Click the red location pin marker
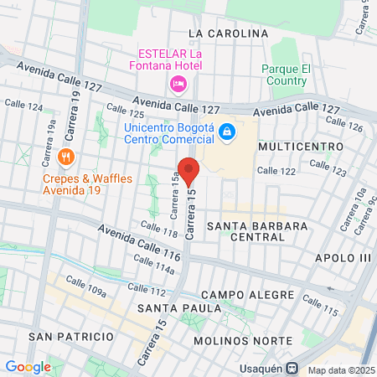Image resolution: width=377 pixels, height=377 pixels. (188, 171)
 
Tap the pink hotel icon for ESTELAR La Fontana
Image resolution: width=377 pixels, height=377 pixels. (178, 84)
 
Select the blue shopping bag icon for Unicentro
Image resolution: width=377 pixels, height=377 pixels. (225, 132)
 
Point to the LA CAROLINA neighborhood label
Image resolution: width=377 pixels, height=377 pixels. (228, 34)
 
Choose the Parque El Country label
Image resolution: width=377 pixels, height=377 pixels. (286, 75)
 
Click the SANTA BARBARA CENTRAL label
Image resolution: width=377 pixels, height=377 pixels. (257, 233)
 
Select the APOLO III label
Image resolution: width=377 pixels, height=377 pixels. (342, 258)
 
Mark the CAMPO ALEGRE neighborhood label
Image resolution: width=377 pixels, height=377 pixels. (247, 296)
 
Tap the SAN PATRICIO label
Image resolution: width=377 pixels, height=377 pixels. (71, 336)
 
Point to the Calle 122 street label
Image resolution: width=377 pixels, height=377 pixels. (276, 170)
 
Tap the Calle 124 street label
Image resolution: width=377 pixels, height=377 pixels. (23, 106)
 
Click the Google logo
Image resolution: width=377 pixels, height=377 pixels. (28, 366)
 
